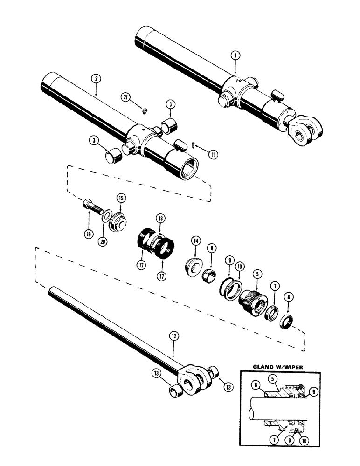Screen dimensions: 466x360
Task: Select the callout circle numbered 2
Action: [96, 80]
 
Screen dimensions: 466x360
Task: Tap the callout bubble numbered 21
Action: [125, 97]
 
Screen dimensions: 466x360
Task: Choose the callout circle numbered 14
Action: [195, 241]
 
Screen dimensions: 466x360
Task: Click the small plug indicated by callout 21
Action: [145, 110]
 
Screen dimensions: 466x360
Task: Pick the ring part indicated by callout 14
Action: [192, 270]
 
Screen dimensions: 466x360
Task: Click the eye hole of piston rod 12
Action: [190, 384]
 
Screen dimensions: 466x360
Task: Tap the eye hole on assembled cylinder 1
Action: [297, 135]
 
